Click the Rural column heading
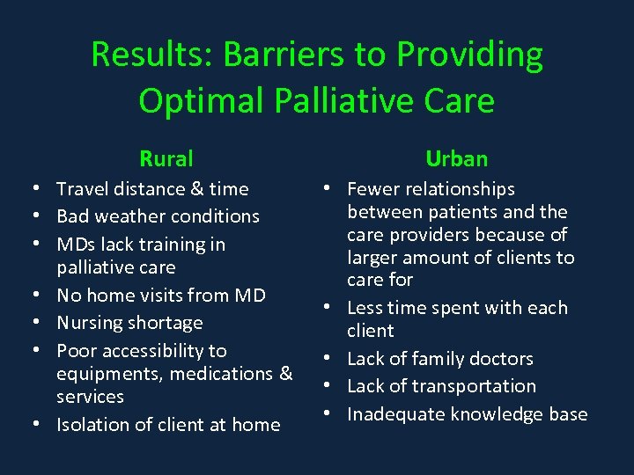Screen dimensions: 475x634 point(166,159)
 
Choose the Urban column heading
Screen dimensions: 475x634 point(456,159)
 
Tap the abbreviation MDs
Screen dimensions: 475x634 point(76,245)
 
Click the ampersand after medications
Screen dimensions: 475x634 point(285,374)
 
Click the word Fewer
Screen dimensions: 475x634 point(373,189)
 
